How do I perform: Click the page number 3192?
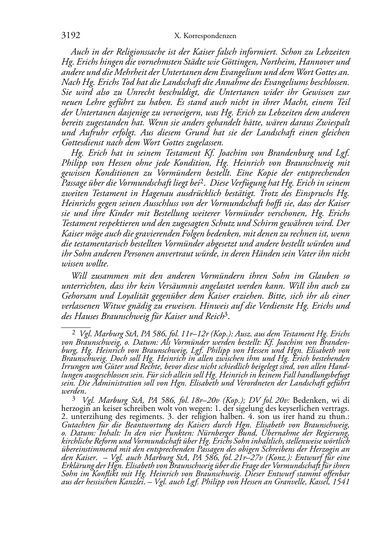pyautogui.click(x=70, y=36)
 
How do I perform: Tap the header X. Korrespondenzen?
pyautogui.click(x=205, y=36)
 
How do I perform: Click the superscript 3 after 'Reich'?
pyautogui.click(x=227, y=315)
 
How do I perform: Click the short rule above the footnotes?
pyautogui.click(x=76, y=326)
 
